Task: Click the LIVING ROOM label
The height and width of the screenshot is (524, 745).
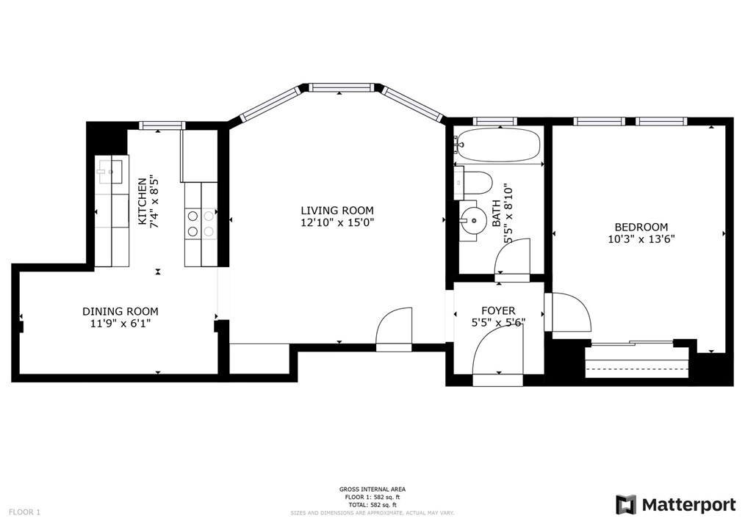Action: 337,211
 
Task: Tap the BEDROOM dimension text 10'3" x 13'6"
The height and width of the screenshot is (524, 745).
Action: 641,239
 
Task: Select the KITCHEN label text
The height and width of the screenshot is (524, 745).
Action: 142,201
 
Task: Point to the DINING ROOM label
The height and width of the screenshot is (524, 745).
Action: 120,311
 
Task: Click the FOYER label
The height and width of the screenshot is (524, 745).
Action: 498,311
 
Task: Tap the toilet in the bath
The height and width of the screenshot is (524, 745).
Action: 472,183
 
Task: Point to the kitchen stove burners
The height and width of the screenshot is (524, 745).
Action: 201,224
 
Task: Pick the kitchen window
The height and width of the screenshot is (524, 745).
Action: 162,125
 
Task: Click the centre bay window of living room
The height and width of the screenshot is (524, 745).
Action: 339,88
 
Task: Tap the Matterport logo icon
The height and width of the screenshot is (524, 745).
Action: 626,504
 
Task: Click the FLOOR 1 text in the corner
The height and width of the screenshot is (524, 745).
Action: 25,512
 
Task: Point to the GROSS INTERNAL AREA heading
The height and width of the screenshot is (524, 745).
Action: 372,490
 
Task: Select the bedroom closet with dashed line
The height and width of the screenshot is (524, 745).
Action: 637,363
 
